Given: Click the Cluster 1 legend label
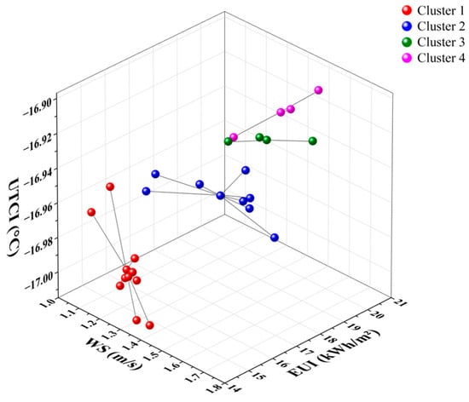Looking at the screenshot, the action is pyautogui.click(x=441, y=11).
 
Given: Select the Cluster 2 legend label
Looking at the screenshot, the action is pyautogui.click(x=441, y=26).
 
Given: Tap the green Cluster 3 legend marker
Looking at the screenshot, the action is pyautogui.click(x=407, y=42).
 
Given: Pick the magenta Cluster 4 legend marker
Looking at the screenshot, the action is pyautogui.click(x=407, y=58).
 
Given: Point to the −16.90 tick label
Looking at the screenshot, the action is pyautogui.click(x=39, y=107).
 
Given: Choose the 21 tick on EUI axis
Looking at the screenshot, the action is pyautogui.click(x=400, y=303).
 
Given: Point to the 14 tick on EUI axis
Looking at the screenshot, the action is pyautogui.click(x=234, y=388).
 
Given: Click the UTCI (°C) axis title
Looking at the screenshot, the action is pyautogui.click(x=14, y=217).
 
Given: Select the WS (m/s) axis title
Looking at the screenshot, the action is pyautogui.click(x=114, y=353).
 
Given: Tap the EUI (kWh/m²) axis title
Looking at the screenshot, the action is pyautogui.click(x=333, y=353).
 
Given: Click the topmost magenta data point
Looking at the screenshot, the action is pyautogui.click(x=318, y=90).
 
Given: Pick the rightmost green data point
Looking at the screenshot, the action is pyautogui.click(x=313, y=141).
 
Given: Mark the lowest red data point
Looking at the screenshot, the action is pyautogui.click(x=150, y=325).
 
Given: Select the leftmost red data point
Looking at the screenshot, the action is pyautogui.click(x=91, y=212).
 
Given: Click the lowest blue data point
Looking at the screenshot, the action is pyautogui.click(x=275, y=238).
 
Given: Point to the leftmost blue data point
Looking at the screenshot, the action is pyautogui.click(x=147, y=191).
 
